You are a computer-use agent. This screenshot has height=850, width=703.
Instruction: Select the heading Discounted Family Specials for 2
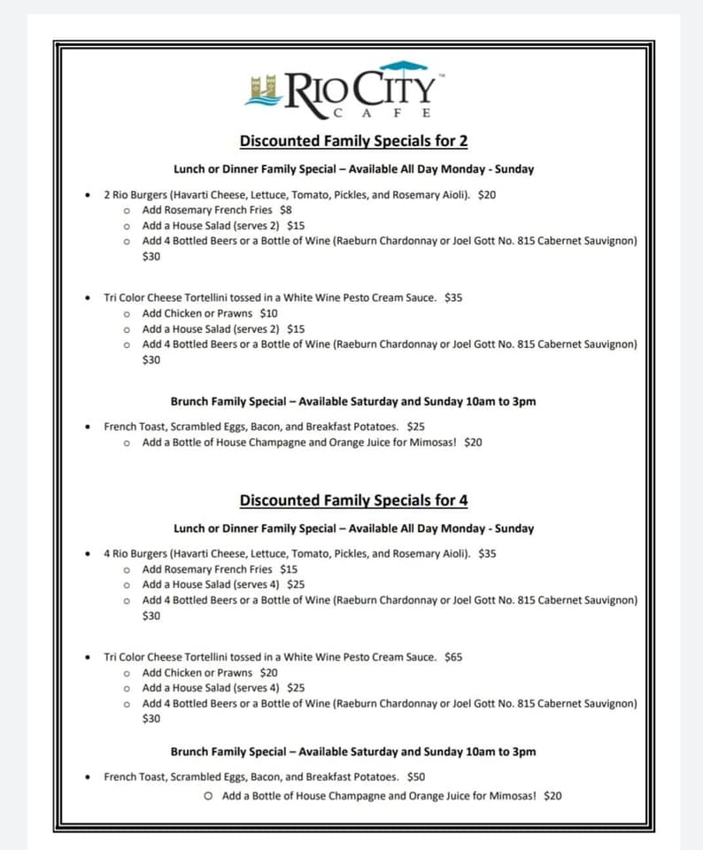pos(353,141)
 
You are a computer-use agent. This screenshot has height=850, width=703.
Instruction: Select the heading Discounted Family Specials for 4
pos(353,500)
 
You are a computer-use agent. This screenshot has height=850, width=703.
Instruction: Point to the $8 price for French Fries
pos(285,210)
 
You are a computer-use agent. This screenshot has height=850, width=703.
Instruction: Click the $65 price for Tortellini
pos(453,657)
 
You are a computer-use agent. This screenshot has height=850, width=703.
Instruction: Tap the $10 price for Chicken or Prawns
pos(268,313)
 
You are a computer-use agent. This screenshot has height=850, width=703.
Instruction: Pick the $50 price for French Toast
pos(416,777)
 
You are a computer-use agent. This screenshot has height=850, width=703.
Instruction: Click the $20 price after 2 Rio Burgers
pos(487,194)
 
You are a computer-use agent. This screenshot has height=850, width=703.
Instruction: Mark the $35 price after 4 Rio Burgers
pos(487,553)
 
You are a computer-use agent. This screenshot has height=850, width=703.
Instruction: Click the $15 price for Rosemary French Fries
pos(289,569)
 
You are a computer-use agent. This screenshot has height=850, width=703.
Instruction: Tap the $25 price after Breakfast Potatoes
pos(416,426)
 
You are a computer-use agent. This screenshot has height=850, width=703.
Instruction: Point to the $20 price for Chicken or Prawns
pos(268,673)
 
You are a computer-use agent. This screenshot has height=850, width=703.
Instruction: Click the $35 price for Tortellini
pos(453,297)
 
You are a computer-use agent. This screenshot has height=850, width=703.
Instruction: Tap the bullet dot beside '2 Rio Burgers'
pos(87,195)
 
